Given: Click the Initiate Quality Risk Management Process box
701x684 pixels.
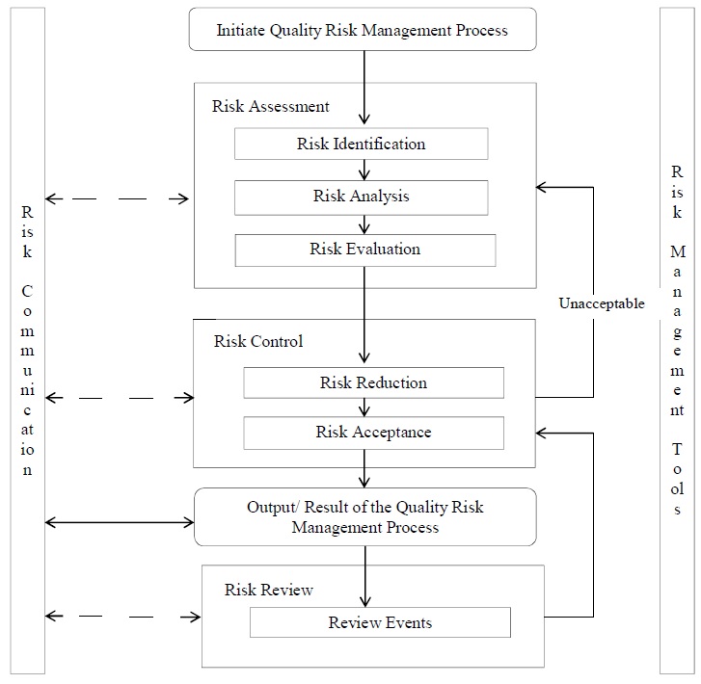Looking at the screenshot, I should (363, 31).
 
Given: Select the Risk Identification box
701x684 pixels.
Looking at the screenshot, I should (361, 144).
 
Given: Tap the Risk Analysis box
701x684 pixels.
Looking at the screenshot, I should (361, 197).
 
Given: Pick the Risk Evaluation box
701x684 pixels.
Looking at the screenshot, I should (364, 250).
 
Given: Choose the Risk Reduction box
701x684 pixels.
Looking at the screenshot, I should (373, 382).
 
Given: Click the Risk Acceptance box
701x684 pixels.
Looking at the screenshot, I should (373, 433).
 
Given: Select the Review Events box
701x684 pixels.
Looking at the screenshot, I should (380, 622).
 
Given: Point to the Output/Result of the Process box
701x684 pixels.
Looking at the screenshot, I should (364, 517).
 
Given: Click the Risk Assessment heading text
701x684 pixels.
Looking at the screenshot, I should (271, 106).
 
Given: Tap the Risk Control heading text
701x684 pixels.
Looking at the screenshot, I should (258, 341).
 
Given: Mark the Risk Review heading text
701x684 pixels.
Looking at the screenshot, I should (269, 590).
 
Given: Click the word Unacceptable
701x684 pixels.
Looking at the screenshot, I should (602, 303).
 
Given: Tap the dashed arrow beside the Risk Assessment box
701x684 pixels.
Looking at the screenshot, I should (118, 199).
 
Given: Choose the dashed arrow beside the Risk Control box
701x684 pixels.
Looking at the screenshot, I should (118, 397).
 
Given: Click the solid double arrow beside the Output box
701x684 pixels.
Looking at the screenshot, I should (120, 522).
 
